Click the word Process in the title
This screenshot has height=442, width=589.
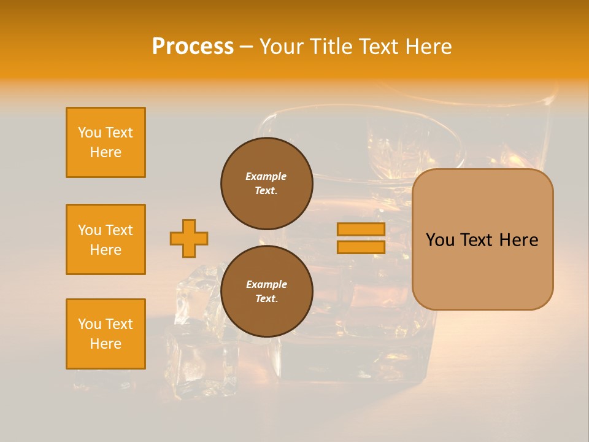193,47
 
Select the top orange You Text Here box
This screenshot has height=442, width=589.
106,142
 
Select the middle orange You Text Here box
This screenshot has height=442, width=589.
106,239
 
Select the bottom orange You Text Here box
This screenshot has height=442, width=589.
106,334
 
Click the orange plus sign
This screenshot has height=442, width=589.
189,238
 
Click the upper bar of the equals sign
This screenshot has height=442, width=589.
361,229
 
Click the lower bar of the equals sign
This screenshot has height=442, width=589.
361,247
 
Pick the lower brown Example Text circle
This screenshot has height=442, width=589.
266,291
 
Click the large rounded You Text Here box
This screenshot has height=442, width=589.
482,239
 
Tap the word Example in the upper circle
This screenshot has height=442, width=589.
266,176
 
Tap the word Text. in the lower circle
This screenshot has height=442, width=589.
266,298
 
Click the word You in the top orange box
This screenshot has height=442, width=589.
89,133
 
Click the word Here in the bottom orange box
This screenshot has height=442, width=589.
106,344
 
